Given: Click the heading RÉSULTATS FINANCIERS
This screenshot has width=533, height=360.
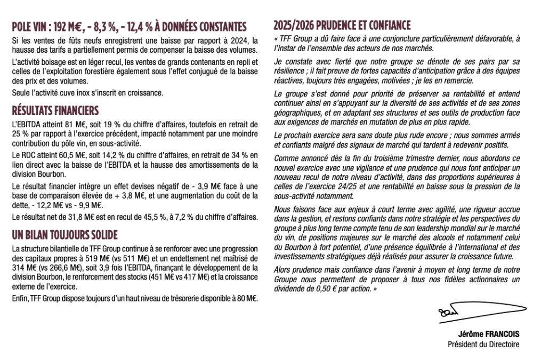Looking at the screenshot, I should click(55, 111).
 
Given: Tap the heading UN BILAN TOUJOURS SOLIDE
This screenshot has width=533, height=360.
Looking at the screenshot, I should click(64, 235).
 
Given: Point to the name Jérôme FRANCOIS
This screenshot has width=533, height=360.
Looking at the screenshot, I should click(488, 334).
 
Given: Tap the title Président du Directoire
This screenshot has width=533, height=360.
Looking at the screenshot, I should click(483, 344).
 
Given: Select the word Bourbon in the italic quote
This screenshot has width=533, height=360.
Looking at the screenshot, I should click(295, 247).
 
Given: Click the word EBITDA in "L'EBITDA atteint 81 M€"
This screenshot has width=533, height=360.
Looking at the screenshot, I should click(28, 124).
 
